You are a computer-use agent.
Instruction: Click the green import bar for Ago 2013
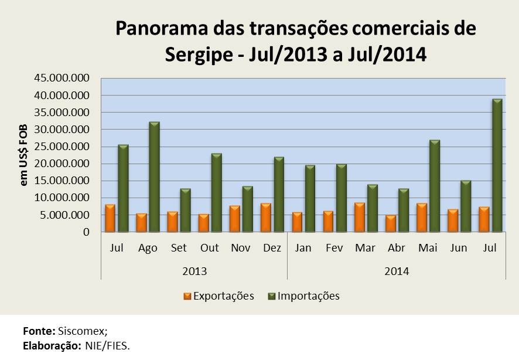pyautogui.click(x=154, y=177)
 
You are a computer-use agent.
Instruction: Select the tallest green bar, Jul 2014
pyautogui.click(x=497, y=165)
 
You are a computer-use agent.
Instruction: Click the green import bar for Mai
pyautogui.click(x=435, y=186)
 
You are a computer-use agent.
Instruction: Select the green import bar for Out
pyautogui.click(x=216, y=193)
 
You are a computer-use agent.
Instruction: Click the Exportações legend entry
pyautogui.click(x=218, y=296)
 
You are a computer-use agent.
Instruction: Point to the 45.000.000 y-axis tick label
pyautogui.click(x=57, y=78)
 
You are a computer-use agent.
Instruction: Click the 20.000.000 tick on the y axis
pyautogui.click(x=57, y=164)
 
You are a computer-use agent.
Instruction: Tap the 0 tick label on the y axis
pyautogui.click(x=86, y=232)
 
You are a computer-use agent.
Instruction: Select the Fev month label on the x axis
pyautogui.click(x=334, y=248)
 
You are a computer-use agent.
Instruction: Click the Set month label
pyautogui.click(x=179, y=248)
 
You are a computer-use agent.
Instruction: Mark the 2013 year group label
pyautogui.click(x=194, y=271)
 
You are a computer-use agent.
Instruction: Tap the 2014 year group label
pyautogui.click(x=396, y=271)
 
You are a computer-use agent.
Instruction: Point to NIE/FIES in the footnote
pyautogui.click(x=108, y=345)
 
